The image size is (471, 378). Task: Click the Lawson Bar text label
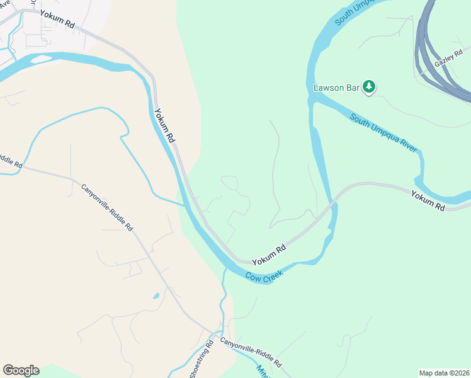click(x=336, y=88)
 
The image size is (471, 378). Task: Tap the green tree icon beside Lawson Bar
click(x=369, y=87)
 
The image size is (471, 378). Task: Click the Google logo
click(x=21, y=370)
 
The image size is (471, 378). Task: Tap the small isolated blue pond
click(x=156, y=295)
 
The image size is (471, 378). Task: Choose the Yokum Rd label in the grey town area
click(x=57, y=19)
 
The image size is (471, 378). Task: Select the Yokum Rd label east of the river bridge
click(x=428, y=200)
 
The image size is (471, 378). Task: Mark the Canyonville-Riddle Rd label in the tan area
click(x=107, y=206)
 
